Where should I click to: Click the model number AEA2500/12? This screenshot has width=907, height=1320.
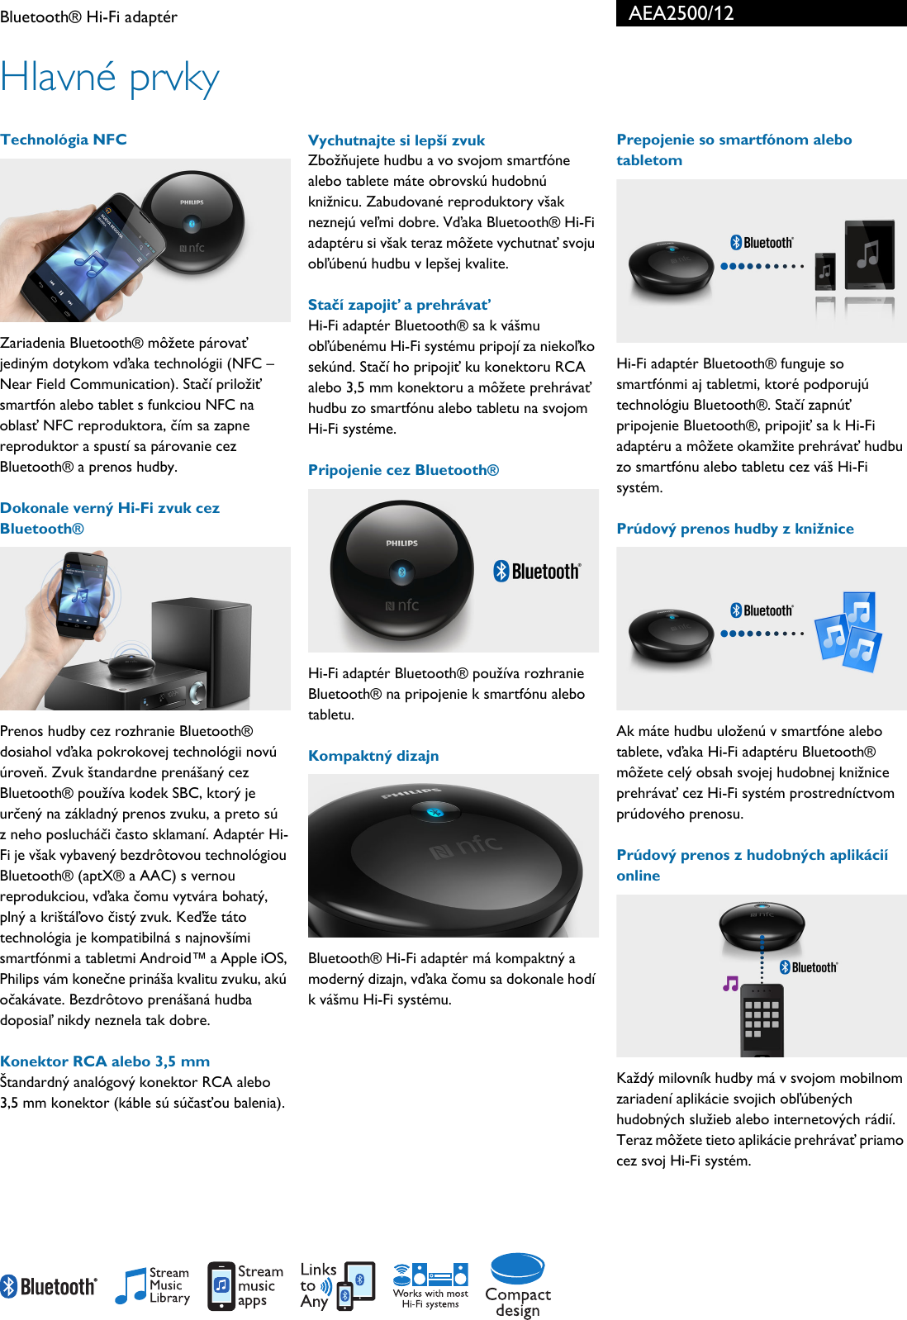(681, 13)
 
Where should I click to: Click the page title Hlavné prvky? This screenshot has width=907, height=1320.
(110, 78)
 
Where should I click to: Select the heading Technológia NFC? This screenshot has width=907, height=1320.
(64, 140)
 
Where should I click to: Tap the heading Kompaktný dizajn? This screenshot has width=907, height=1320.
(373, 756)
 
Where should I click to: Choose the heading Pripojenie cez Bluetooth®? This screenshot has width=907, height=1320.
(403, 470)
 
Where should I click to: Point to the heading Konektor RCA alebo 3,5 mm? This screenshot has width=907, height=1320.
(105, 1061)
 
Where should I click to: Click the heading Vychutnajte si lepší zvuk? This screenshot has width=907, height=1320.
(397, 140)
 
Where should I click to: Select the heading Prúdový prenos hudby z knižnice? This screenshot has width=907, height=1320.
(735, 529)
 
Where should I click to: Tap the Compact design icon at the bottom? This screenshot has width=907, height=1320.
(518, 1285)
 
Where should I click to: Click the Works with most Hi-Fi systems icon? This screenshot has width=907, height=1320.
(430, 1285)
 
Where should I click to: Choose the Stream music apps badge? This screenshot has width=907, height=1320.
(245, 1286)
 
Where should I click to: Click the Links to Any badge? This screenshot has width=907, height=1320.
(337, 1285)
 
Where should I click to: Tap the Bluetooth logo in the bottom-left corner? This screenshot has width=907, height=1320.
(49, 1286)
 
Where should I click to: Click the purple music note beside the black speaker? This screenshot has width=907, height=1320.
(730, 983)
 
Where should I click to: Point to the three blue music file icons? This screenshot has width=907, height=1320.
(849, 631)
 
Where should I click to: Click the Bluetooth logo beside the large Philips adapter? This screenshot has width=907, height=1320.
(537, 571)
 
